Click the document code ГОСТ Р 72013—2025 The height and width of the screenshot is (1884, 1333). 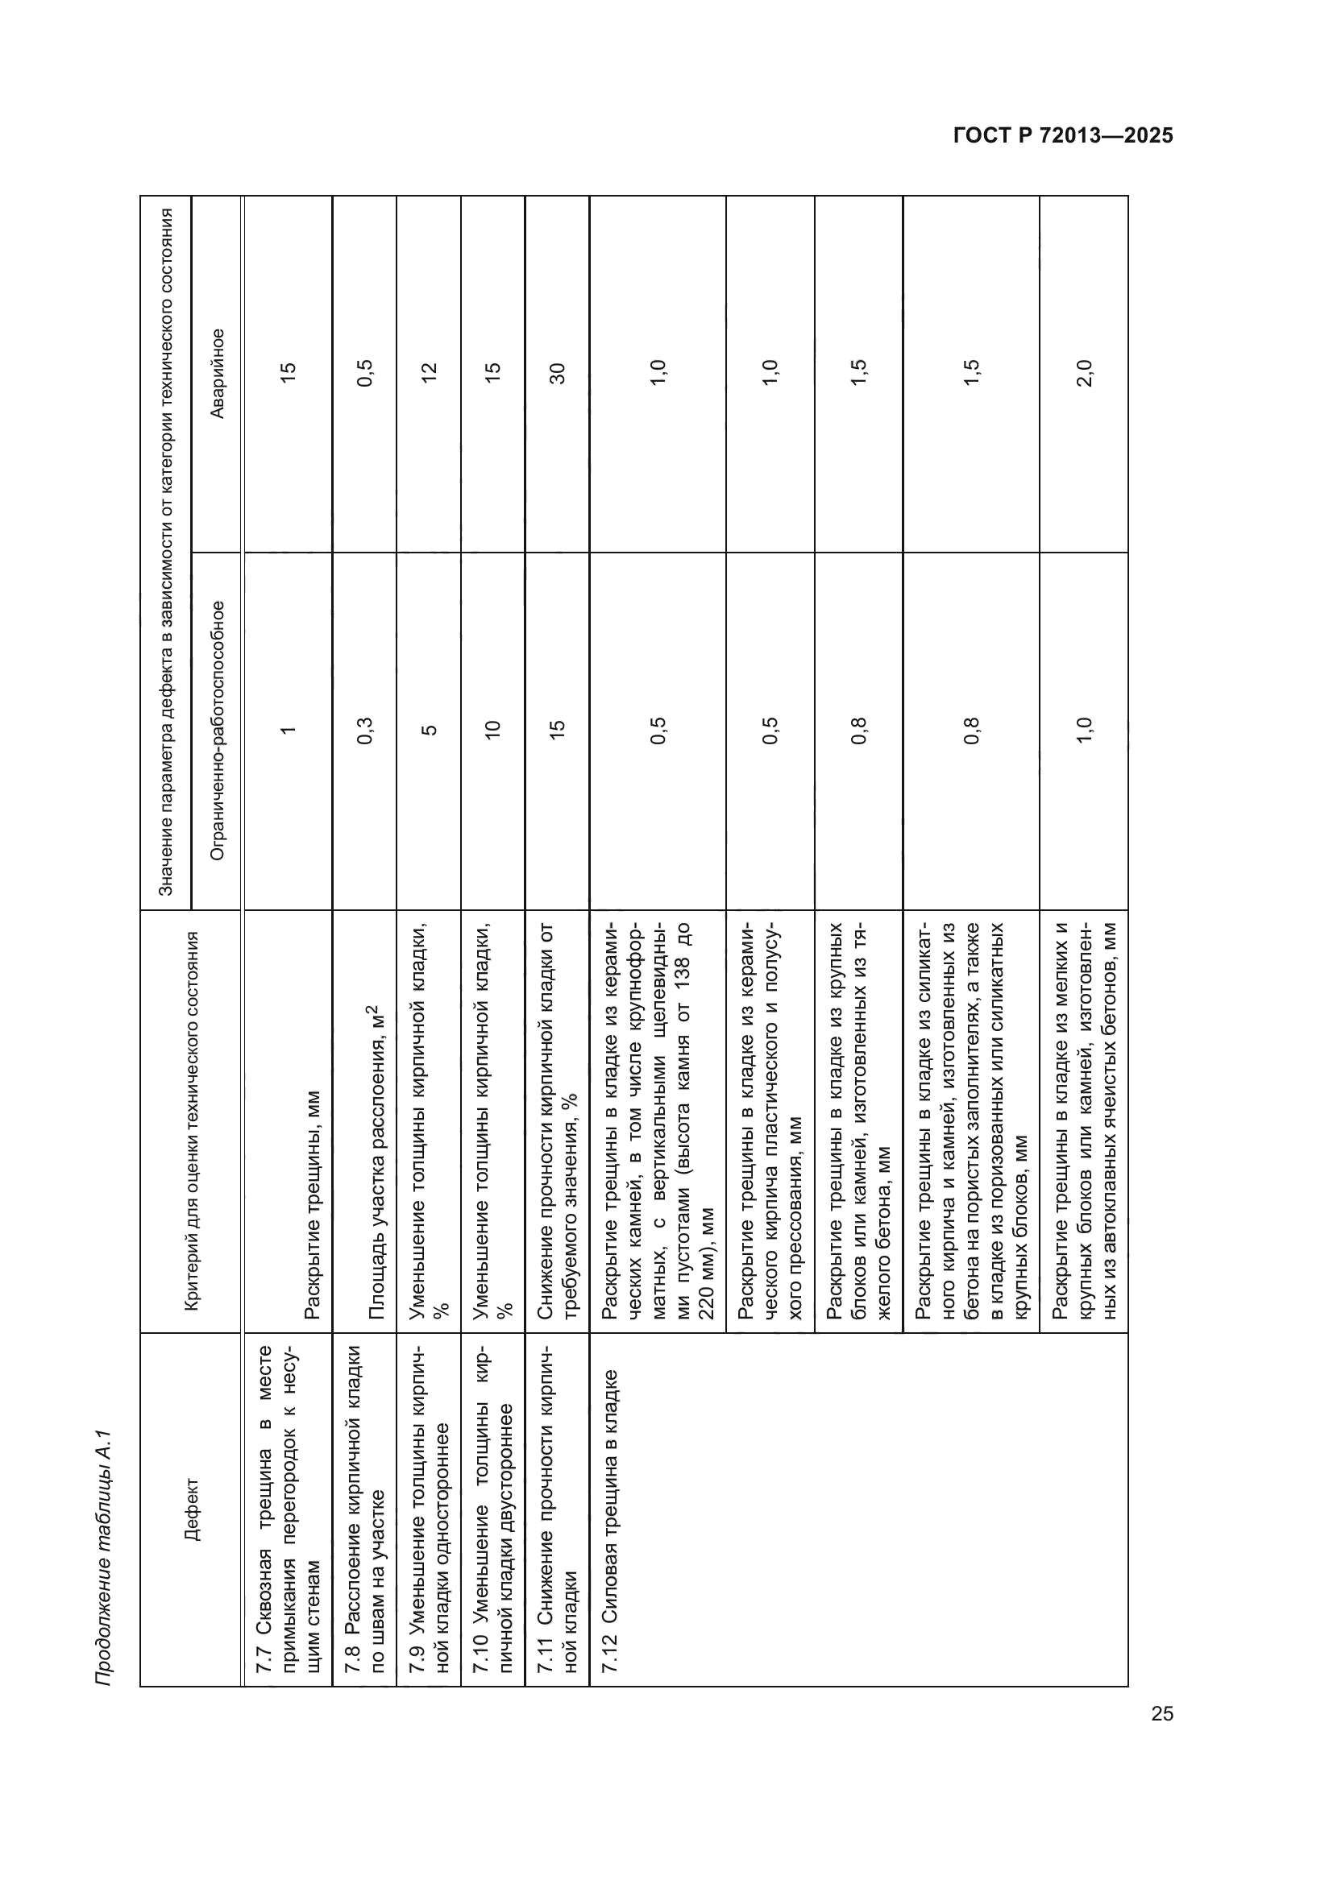click(1063, 136)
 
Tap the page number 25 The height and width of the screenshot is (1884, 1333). click(1162, 1714)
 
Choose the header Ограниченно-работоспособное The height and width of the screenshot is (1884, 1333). click(218, 731)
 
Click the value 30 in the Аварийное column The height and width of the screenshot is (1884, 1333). click(558, 374)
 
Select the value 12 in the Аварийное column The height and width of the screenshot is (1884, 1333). click(429, 374)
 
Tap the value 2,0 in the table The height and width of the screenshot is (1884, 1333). click(1083, 374)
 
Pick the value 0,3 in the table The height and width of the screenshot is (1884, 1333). click(364, 731)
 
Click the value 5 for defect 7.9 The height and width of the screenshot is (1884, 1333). click(429, 731)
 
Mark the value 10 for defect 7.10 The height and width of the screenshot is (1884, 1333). click(492, 731)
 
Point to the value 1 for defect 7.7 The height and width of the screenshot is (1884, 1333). click(288, 731)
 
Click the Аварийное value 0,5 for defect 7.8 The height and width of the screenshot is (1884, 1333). click(364, 374)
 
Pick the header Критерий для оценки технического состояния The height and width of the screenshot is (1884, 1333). click(192, 1121)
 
